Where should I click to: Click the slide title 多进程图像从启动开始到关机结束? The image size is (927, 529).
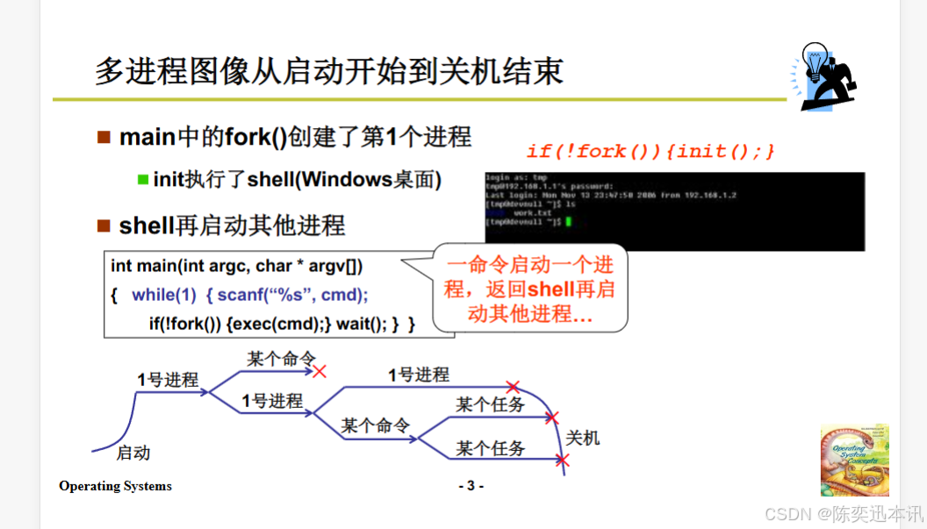pyautogui.click(x=328, y=71)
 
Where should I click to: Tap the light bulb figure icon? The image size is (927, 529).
pyautogui.click(x=825, y=76)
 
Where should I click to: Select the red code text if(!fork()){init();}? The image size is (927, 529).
pyautogui.click(x=650, y=151)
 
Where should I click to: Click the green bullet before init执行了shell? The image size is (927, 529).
pyautogui.click(x=143, y=180)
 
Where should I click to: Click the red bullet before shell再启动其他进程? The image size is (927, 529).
pyautogui.click(x=104, y=225)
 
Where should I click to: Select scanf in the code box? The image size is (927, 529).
pyautogui.click(x=241, y=295)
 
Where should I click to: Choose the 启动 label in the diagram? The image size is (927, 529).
pyautogui.click(x=133, y=453)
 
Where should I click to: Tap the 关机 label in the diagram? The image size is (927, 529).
pyautogui.click(x=583, y=437)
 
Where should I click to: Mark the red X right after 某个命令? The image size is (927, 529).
pyautogui.click(x=320, y=371)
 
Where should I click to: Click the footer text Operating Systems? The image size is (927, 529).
pyautogui.click(x=115, y=486)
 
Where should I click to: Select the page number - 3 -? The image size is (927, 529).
pyautogui.click(x=471, y=486)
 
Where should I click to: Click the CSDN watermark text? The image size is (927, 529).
pyautogui.click(x=843, y=512)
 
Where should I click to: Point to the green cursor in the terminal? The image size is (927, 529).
pyautogui.click(x=569, y=223)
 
